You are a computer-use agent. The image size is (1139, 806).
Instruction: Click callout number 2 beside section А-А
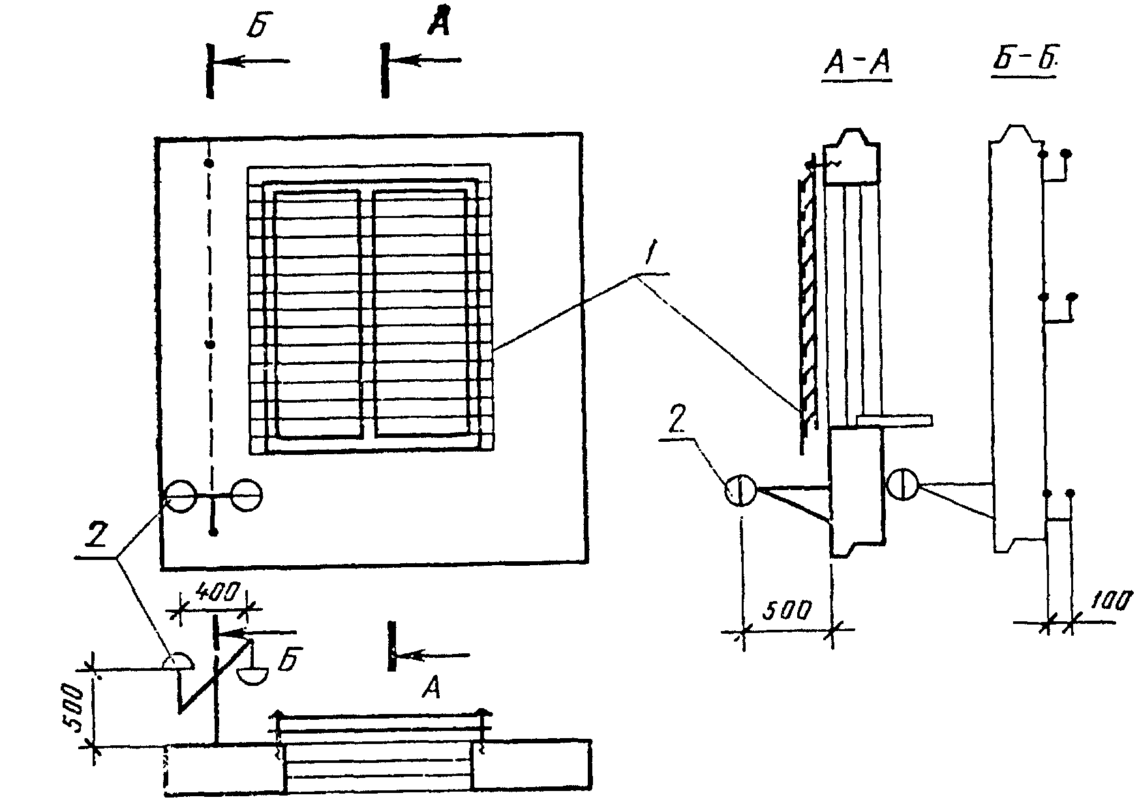(x=677, y=423)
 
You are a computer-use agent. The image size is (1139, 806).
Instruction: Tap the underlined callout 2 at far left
(x=97, y=537)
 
